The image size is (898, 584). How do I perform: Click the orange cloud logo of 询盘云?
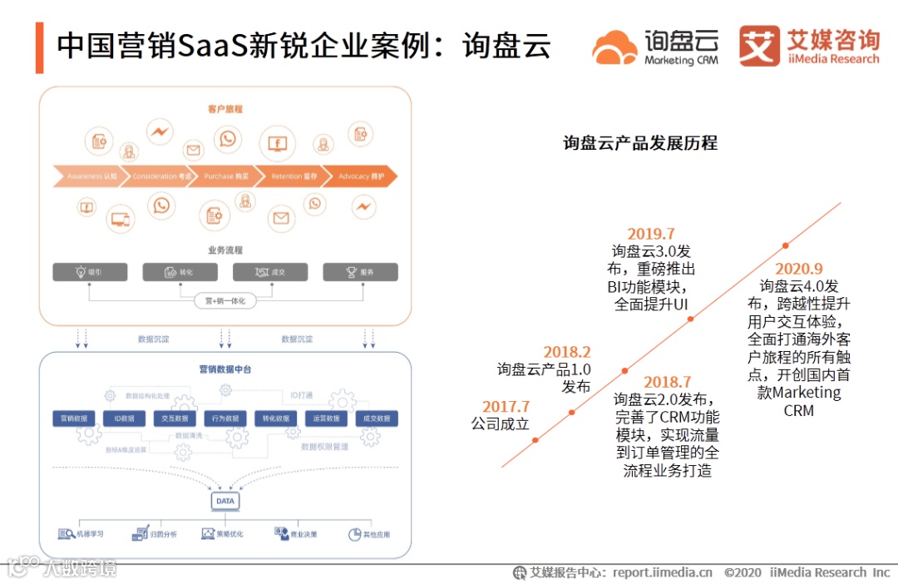pyautogui.click(x=614, y=47)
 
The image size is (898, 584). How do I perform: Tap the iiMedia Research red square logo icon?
pyautogui.click(x=758, y=46)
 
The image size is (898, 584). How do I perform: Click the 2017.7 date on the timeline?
pyautogui.click(x=506, y=407)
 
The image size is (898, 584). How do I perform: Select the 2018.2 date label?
pyautogui.click(x=567, y=352)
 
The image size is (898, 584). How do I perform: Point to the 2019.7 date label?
pyautogui.click(x=651, y=234)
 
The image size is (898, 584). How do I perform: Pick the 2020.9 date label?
pyautogui.click(x=798, y=269)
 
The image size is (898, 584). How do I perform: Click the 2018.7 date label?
pyautogui.click(x=667, y=382)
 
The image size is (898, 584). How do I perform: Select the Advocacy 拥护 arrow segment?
pyautogui.click(x=358, y=176)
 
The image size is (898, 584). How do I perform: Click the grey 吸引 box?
pyautogui.click(x=90, y=272)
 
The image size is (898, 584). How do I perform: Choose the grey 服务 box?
pyautogui.click(x=360, y=272)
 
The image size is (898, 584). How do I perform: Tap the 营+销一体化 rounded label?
pyautogui.click(x=224, y=301)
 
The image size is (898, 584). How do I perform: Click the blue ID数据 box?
pyautogui.click(x=124, y=418)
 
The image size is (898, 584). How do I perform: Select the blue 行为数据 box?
pyautogui.click(x=224, y=418)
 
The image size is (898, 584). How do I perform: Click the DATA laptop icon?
pyautogui.click(x=225, y=502)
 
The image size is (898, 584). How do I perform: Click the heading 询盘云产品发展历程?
pyautogui.click(x=639, y=143)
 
